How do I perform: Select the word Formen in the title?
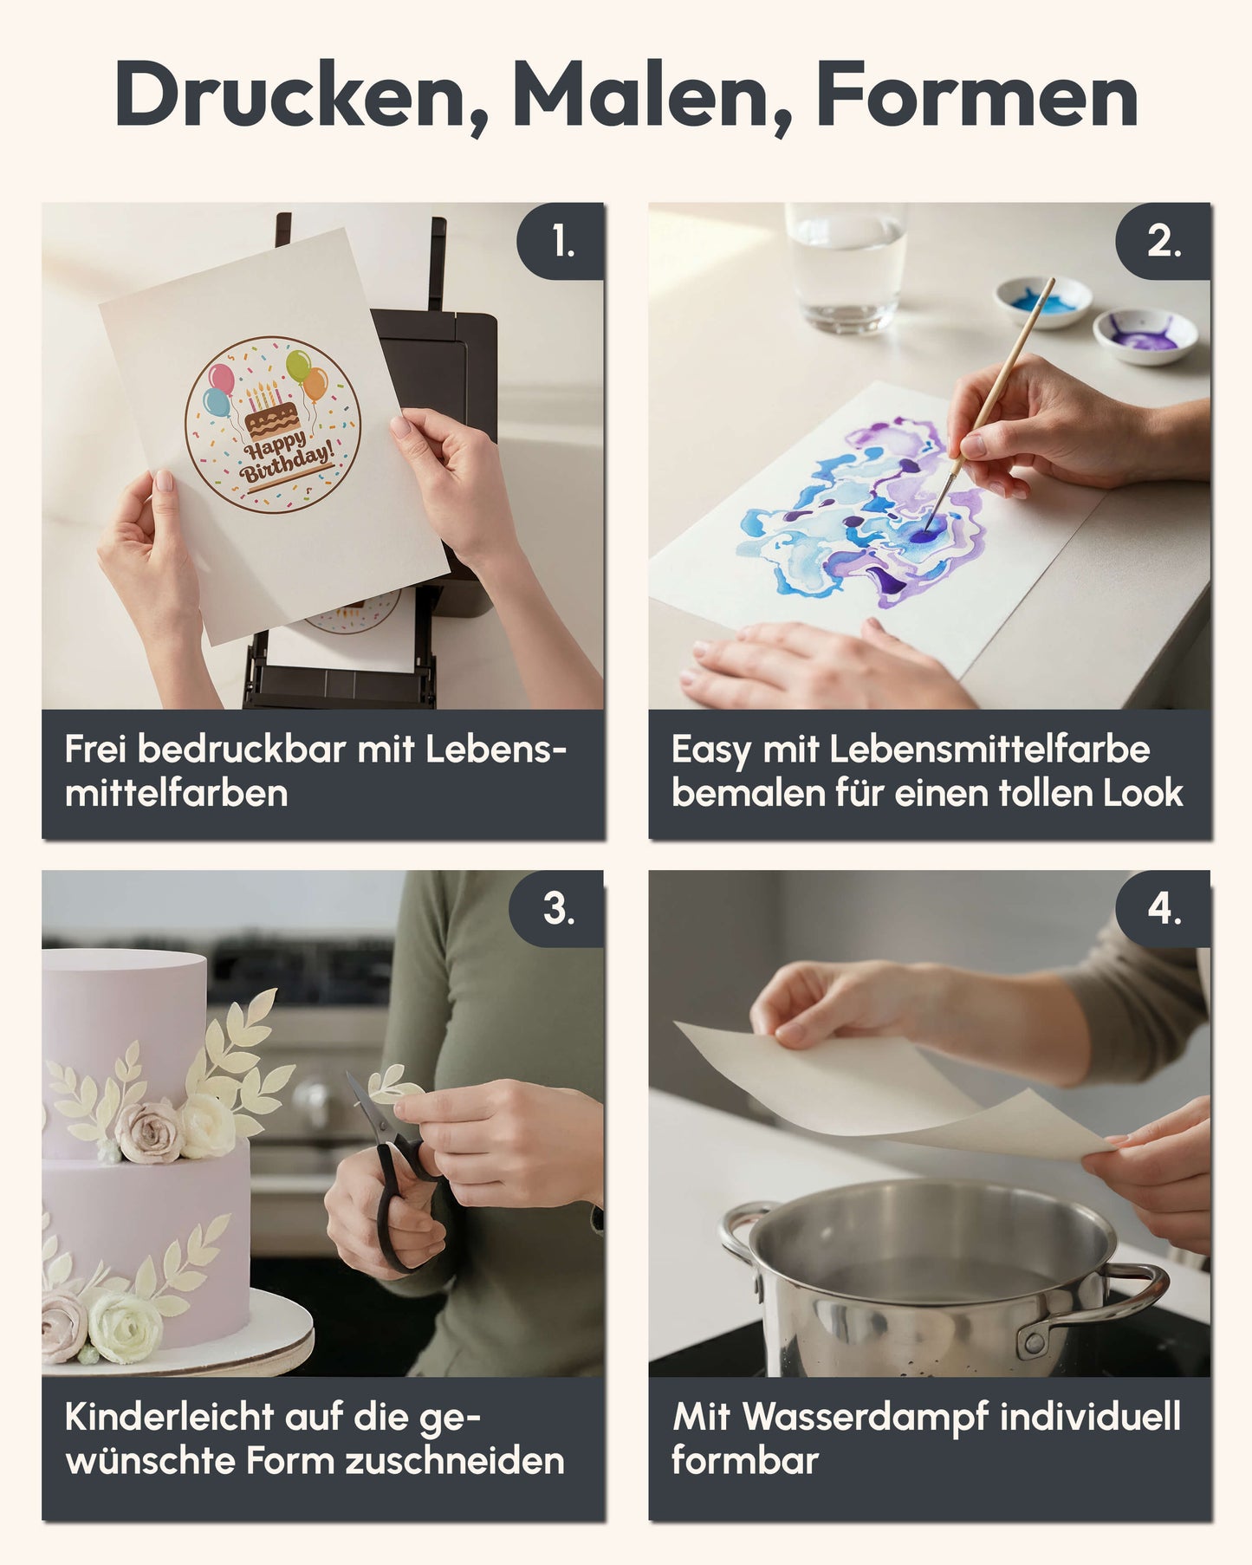pos(976,94)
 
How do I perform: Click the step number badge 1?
pos(561,241)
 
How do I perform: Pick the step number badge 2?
pos(1163,241)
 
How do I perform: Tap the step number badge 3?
pos(557,909)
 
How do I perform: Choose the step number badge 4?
pos(1163,909)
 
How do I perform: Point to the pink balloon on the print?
pos(221,378)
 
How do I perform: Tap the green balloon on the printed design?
pos(297,365)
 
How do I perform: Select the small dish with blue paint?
pos(1042,302)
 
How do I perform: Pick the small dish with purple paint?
pos(1145,335)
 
